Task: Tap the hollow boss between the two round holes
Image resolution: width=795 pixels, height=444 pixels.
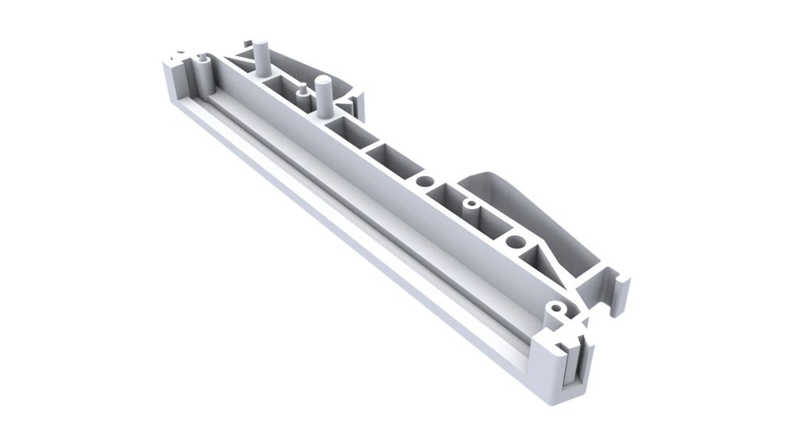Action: pos(470,205)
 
